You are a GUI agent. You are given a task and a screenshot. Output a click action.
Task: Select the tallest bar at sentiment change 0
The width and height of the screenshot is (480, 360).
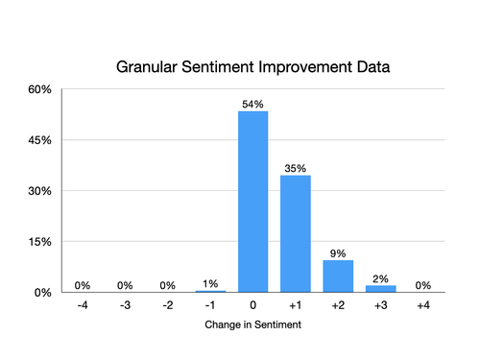click(x=253, y=202)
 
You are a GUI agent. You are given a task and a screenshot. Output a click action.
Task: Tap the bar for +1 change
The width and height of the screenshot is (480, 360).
click(x=296, y=233)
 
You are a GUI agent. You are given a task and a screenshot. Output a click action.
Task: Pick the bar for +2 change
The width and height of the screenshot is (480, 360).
click(x=338, y=276)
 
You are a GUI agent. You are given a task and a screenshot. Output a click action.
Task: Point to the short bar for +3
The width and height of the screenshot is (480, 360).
click(x=380, y=288)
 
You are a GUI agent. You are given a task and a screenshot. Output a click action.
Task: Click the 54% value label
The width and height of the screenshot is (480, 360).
click(x=253, y=103)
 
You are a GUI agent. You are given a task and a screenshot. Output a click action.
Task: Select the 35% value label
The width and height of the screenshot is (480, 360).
click(x=296, y=168)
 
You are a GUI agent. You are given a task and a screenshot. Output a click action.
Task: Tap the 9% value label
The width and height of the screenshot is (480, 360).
click(x=338, y=252)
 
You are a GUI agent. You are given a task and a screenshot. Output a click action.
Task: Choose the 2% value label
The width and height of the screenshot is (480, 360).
click(x=380, y=278)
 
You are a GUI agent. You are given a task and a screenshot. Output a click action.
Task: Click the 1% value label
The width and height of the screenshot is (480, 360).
click(x=211, y=283)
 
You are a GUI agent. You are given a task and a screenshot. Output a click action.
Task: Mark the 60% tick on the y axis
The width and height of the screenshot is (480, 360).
click(x=39, y=90)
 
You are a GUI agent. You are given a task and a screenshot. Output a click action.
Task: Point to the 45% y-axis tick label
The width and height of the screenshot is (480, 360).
click(x=39, y=140)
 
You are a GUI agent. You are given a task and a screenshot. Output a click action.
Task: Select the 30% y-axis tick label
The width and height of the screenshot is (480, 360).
click(x=39, y=191)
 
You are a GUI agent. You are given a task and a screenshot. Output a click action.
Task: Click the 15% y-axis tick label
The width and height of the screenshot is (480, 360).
click(x=39, y=242)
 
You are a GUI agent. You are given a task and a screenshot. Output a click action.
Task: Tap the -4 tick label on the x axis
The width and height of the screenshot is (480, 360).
click(x=84, y=305)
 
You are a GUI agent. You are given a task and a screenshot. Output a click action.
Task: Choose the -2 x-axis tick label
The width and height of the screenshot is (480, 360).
click(x=168, y=305)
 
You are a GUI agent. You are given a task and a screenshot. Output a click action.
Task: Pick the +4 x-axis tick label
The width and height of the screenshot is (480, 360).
click(x=422, y=305)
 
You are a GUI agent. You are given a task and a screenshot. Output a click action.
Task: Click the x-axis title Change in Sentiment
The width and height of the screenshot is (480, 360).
click(x=253, y=325)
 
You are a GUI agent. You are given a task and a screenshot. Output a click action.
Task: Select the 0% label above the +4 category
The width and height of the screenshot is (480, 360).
click(x=422, y=284)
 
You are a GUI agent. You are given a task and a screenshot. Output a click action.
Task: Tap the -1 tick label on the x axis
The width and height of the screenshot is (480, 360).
click(x=210, y=305)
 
